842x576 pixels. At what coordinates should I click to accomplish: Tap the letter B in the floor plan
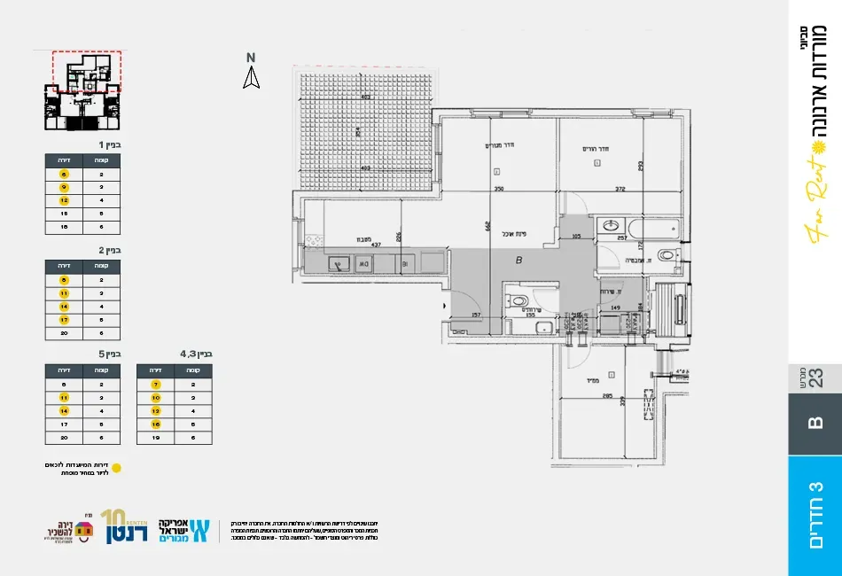point(518,261)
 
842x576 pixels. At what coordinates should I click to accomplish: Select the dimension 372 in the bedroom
point(620,189)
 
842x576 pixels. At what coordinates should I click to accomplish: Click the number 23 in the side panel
point(815,378)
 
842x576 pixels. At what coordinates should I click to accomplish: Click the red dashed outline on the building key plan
point(86,71)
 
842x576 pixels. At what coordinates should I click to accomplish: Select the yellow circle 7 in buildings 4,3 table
point(156,385)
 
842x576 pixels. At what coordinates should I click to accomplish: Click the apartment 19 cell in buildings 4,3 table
point(156,438)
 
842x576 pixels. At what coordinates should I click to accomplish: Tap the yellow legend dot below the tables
point(115,467)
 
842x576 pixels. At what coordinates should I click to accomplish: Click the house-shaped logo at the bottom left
point(83,530)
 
